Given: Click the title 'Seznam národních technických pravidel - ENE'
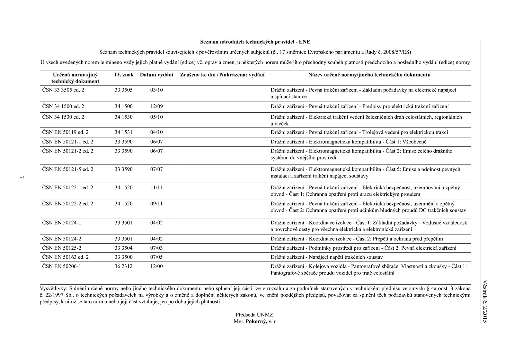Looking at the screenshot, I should [x=255, y=42].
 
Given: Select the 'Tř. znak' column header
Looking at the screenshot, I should [x=124, y=75].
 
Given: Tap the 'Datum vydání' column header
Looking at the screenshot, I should [x=156, y=75].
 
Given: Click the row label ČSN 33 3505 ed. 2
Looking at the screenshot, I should [x=63, y=90].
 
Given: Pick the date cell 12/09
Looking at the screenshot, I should [x=156, y=107].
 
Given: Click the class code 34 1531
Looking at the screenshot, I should [x=124, y=132].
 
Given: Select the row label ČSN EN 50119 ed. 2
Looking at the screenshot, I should [x=65, y=132].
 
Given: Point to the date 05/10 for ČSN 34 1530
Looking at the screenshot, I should [x=156, y=117].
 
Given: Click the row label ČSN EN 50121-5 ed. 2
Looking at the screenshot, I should [x=67, y=169].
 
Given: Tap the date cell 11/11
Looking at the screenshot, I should [x=156, y=188].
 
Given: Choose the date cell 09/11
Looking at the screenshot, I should [x=156, y=204].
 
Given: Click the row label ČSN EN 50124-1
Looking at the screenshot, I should [x=61, y=223].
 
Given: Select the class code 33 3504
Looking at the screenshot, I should [x=124, y=248].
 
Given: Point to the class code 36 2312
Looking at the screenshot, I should [x=124, y=266].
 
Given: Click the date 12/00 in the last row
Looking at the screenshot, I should [x=156, y=266].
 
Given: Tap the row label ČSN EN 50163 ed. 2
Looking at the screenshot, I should [x=65, y=257].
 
